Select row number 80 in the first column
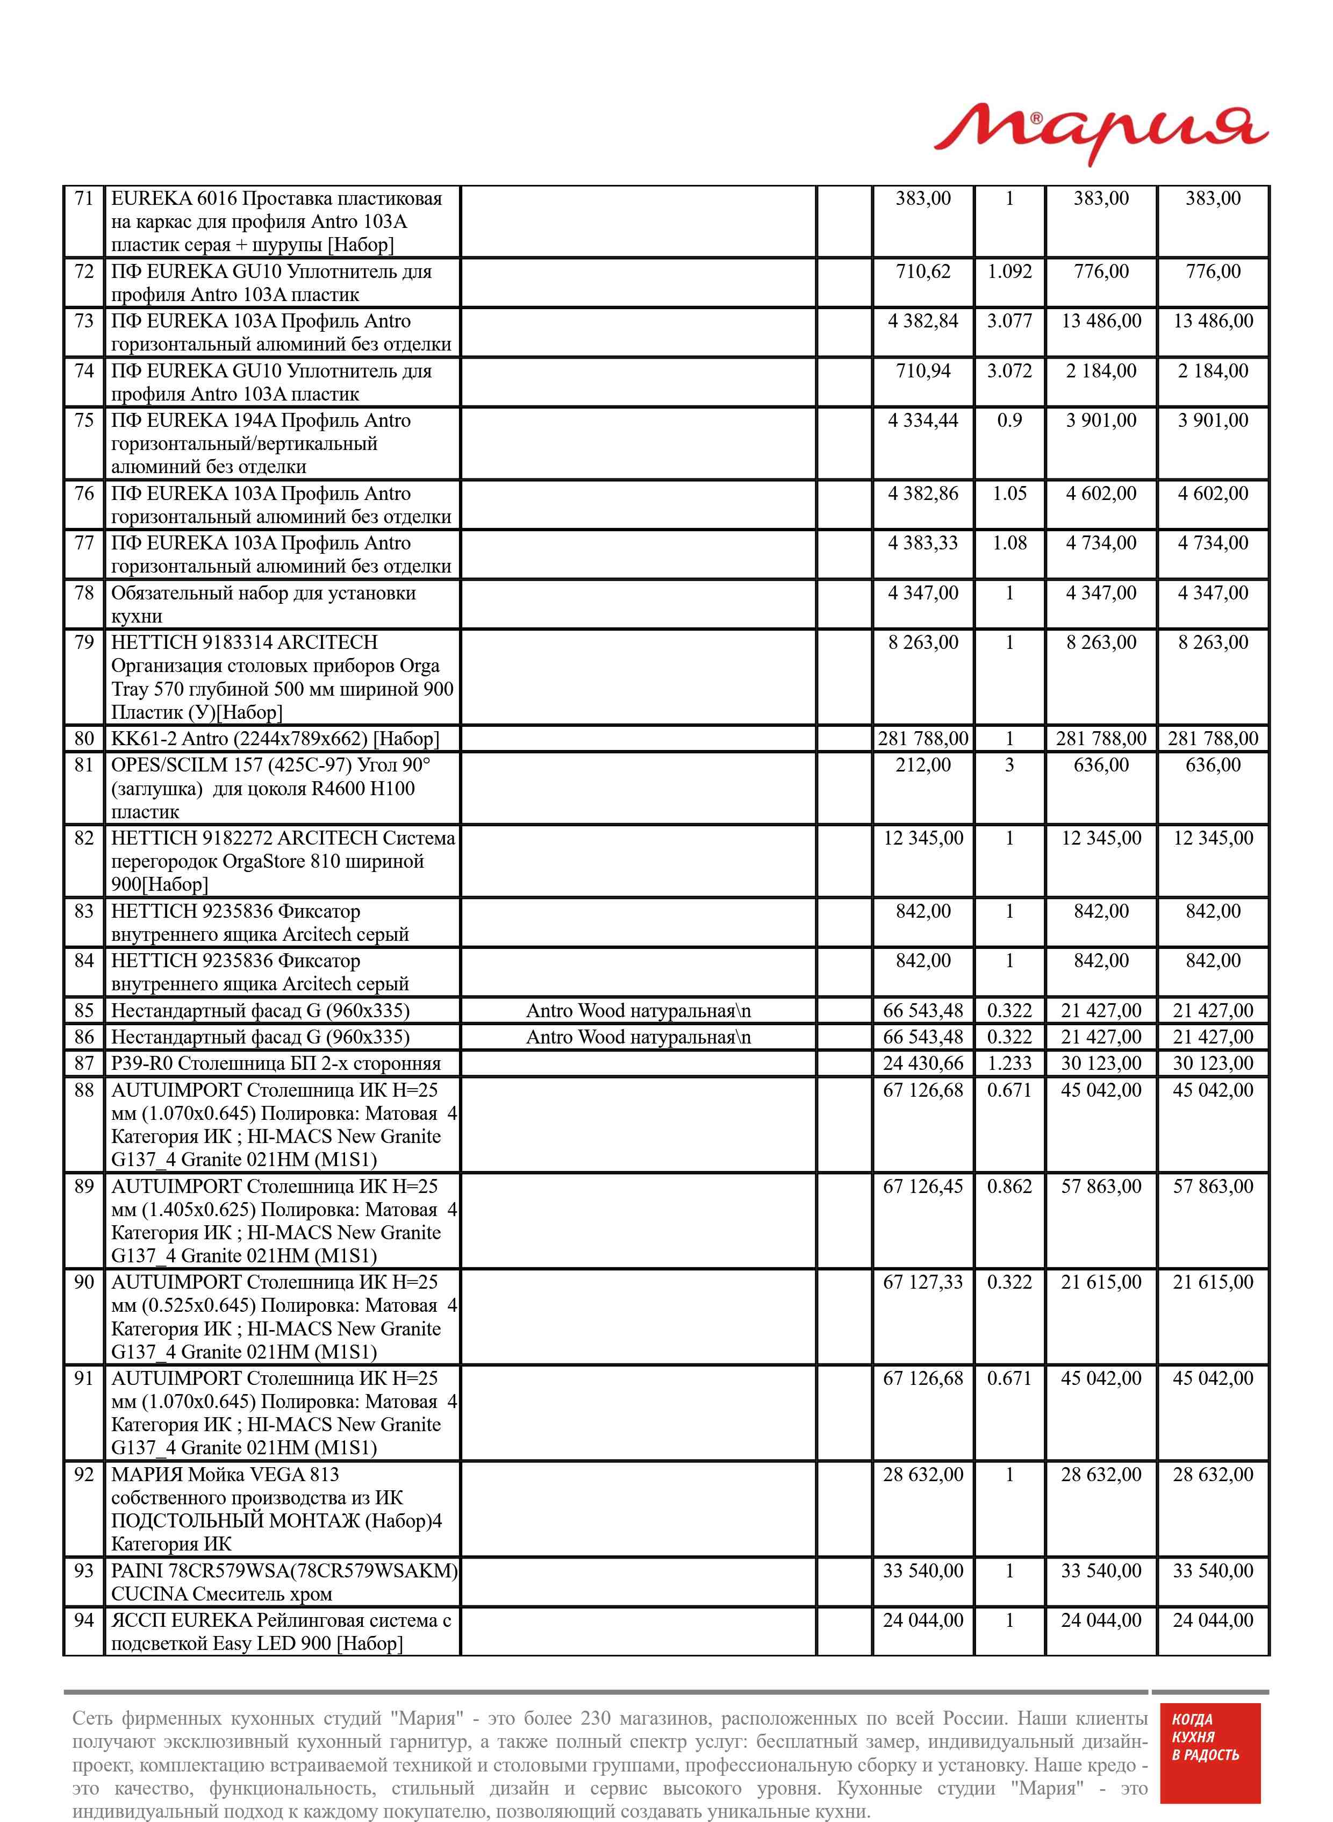click(x=84, y=738)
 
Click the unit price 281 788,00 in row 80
click(x=923, y=738)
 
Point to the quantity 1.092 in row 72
click(x=1009, y=271)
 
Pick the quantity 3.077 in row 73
click(x=1009, y=321)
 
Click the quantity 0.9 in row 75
click(x=1009, y=420)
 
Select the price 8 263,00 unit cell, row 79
click(x=923, y=642)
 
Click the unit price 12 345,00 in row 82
click(x=923, y=838)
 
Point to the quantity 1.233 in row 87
click(x=1009, y=1063)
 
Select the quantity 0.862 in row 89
click(x=1009, y=1186)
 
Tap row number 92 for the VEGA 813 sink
click(x=84, y=1474)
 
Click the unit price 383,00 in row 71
click(x=923, y=198)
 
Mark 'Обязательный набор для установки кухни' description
click(x=263, y=604)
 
